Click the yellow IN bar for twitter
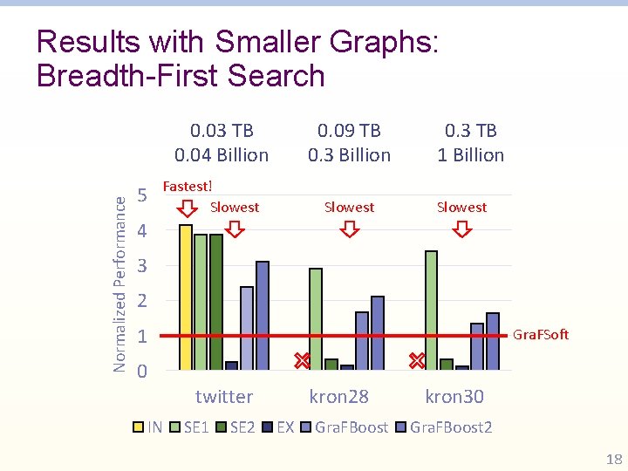click(x=185, y=297)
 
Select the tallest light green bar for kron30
click(x=431, y=310)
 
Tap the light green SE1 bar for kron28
click(x=316, y=318)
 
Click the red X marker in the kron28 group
click(x=302, y=359)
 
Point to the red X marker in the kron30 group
click(x=417, y=359)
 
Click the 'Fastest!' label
click(x=188, y=186)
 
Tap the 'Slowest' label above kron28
click(x=349, y=207)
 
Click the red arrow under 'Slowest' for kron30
click(x=462, y=229)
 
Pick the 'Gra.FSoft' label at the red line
click(x=540, y=334)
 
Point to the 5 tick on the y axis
click(x=143, y=195)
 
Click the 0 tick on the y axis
click(x=143, y=372)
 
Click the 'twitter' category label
click(x=224, y=397)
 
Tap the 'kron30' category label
click(x=454, y=397)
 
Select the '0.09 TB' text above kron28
click(x=349, y=131)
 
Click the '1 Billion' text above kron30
click(x=471, y=155)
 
